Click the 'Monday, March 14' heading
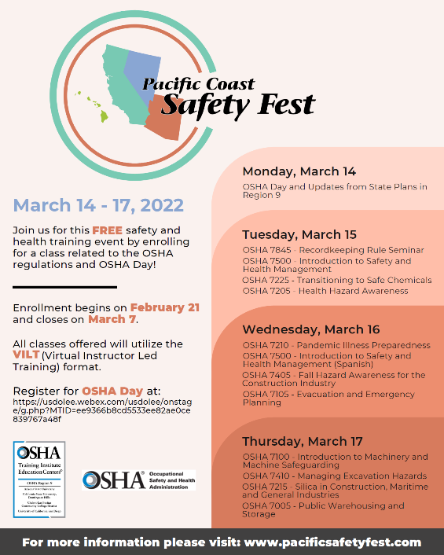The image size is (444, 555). pyautogui.click(x=299, y=171)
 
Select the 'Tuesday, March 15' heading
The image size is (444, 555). pyautogui.click(x=299, y=234)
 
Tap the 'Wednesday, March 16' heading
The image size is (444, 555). pyautogui.click(x=310, y=329)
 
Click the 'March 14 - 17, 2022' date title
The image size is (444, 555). pyautogui.click(x=98, y=206)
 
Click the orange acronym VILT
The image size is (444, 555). pyautogui.click(x=26, y=356)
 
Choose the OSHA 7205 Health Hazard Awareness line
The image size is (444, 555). pyautogui.click(x=325, y=291)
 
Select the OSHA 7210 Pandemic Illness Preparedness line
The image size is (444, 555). pyautogui.click(x=336, y=345)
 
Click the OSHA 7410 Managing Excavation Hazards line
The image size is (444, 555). pyautogui.click(x=334, y=476)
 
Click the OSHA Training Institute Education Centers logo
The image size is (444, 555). pyautogui.click(x=39, y=480)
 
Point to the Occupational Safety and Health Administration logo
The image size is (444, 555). pyautogui.click(x=138, y=480)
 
